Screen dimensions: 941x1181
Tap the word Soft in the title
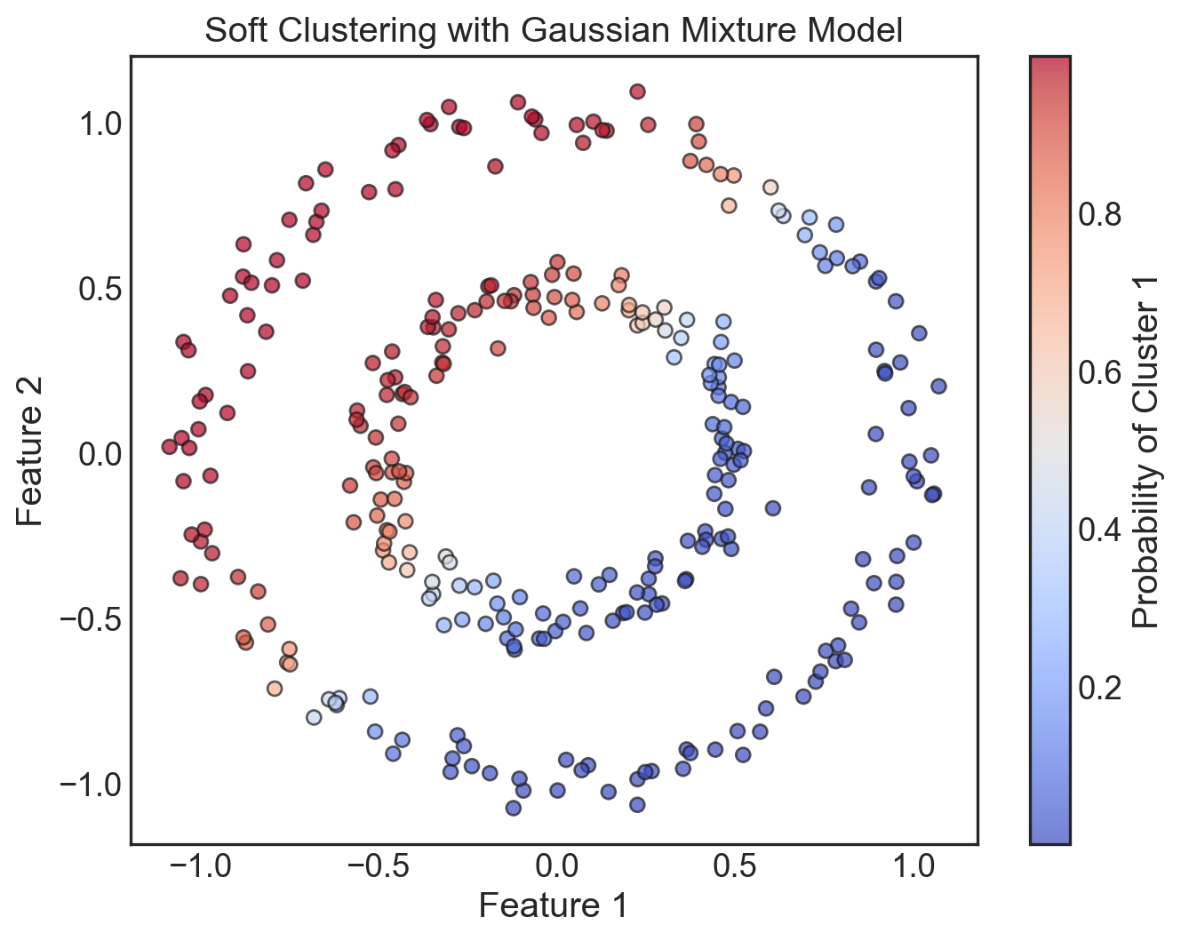[234, 30]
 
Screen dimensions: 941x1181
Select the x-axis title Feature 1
[554, 905]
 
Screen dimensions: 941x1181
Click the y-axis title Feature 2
[30, 450]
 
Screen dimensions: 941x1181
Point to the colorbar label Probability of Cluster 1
[1147, 450]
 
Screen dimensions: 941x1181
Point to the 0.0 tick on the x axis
[557, 865]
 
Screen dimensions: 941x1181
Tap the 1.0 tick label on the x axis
[914, 865]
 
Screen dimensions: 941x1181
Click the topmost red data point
[637, 92]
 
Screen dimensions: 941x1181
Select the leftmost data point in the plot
[170, 446]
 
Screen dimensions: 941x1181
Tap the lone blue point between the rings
[772, 508]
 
